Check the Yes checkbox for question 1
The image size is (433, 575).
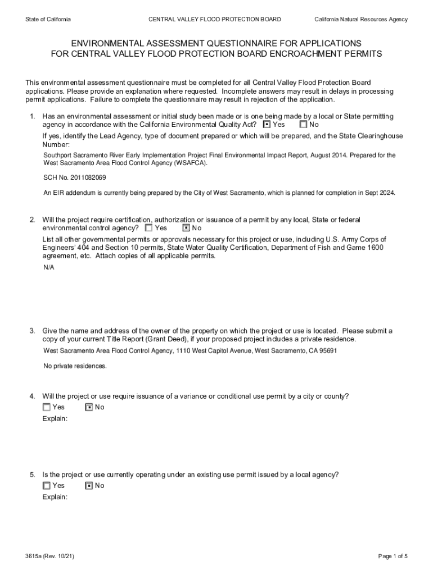coord(267,125)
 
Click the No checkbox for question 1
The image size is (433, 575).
coord(304,125)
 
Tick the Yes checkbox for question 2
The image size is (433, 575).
coord(149,228)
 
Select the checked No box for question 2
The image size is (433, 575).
coord(186,228)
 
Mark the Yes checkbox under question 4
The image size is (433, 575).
coord(47,407)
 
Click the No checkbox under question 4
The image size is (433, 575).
coord(89,407)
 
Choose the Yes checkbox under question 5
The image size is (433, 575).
coord(47,486)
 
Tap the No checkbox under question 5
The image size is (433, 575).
coord(89,486)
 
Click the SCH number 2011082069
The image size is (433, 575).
coord(90,177)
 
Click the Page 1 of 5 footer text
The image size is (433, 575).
coord(393,556)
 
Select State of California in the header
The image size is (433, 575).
coord(48,20)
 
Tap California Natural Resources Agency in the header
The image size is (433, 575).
coord(361,20)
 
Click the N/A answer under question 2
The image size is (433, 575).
coord(49,267)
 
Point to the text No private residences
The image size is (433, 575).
coord(75,366)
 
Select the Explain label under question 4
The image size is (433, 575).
coord(55,419)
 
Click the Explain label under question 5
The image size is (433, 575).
coord(55,498)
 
